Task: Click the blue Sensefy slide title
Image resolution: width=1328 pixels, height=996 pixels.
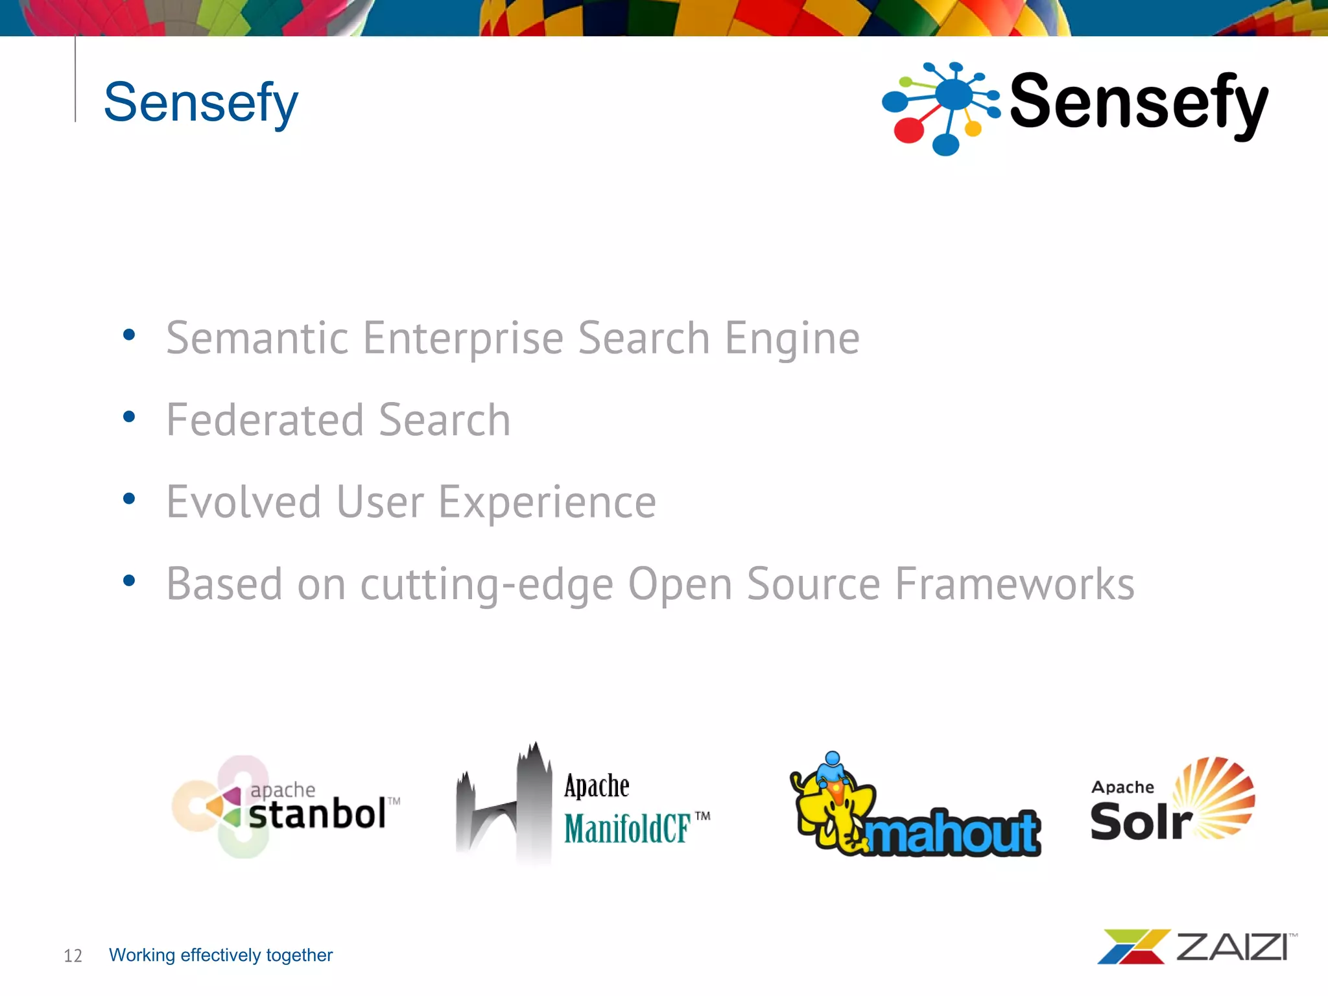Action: [x=200, y=102]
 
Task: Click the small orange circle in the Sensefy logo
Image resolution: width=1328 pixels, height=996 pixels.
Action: [x=973, y=128]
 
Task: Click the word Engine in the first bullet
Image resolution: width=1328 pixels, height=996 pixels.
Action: [x=792, y=339]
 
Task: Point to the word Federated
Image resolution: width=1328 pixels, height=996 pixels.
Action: [x=265, y=420]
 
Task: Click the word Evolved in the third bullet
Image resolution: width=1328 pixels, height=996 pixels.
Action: [x=244, y=502]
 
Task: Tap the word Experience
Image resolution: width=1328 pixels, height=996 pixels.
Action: [x=547, y=503]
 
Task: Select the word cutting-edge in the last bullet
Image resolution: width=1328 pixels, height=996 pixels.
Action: [x=486, y=584]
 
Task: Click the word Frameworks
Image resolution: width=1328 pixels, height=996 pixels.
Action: [x=1015, y=584]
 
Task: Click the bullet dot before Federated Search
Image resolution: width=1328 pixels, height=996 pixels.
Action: [x=129, y=417]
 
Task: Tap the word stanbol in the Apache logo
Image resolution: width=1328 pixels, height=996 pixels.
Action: [x=317, y=814]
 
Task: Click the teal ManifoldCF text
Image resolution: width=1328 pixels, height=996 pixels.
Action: [x=626, y=829]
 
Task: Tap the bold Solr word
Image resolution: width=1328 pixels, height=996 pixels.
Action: [x=1139, y=822]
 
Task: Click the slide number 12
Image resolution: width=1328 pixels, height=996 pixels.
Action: [x=73, y=956]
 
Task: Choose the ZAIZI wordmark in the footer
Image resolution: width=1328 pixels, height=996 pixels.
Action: [x=1232, y=947]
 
